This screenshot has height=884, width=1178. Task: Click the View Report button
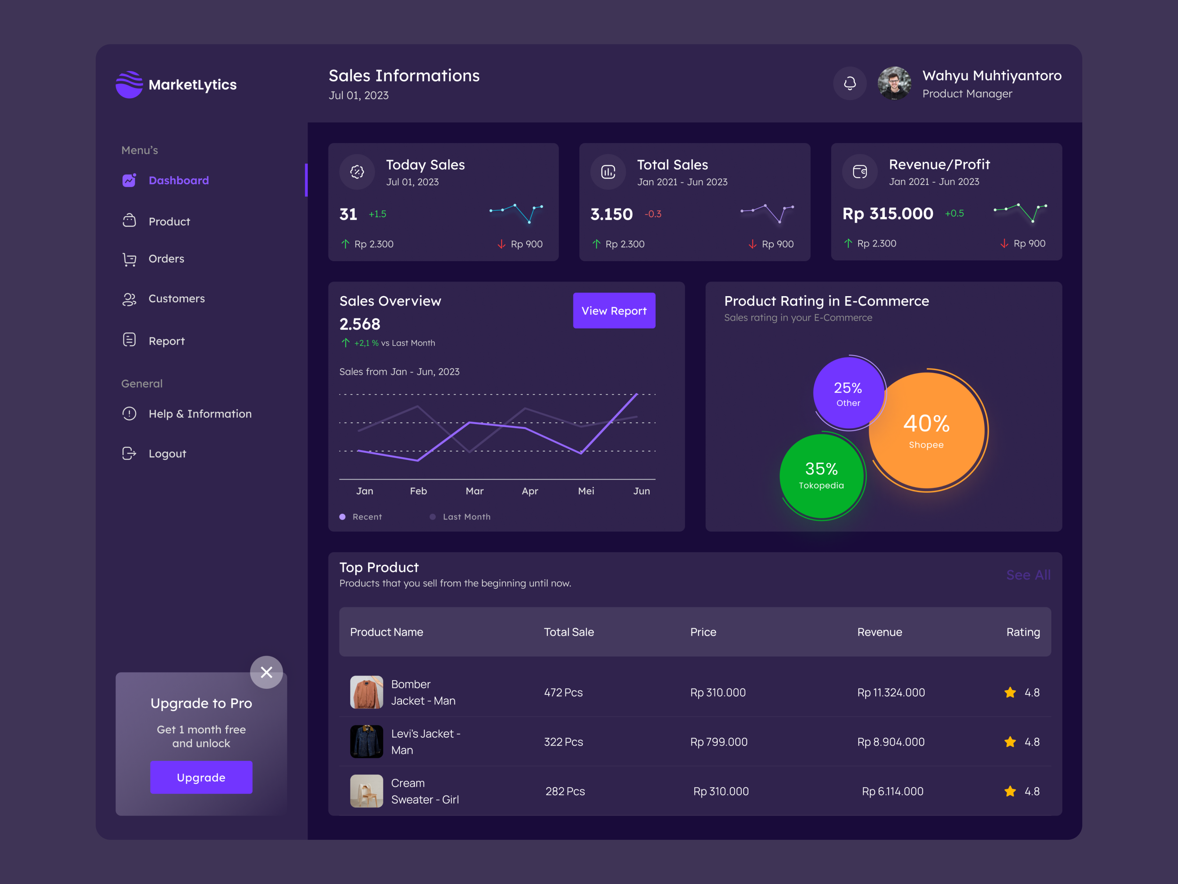coord(614,311)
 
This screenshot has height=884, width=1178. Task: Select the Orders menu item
coord(166,259)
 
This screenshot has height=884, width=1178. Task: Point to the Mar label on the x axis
coord(475,491)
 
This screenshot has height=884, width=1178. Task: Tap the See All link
coord(1028,575)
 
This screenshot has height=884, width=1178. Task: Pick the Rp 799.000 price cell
coord(719,742)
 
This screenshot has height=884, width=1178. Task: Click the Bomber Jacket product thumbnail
coord(366,692)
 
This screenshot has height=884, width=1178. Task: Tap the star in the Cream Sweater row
coord(1010,791)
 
